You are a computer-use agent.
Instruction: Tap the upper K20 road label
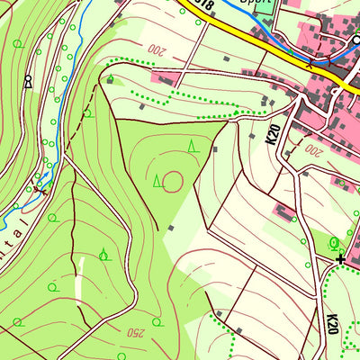pyautogui.click(x=273, y=135)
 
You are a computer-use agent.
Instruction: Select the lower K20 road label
pyautogui.click(x=332, y=324)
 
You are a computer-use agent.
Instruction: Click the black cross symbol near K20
pyautogui.click(x=341, y=259)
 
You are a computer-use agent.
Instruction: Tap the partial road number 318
pyautogui.click(x=205, y=6)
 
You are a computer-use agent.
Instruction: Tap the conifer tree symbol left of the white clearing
pyautogui.click(x=104, y=254)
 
